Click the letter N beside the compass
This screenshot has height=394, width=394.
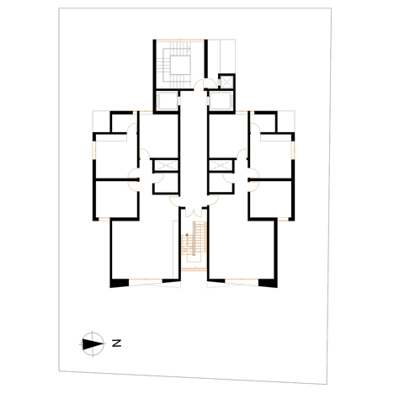pos(116,343)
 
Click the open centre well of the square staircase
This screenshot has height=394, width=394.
pos(180,65)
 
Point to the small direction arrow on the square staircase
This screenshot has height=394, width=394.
pos(188,50)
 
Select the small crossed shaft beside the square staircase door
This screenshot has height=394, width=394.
pos(226,82)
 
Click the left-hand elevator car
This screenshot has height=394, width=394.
pos(167,101)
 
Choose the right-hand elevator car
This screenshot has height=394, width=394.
pos(221,100)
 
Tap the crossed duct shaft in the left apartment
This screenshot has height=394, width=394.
pos(166,165)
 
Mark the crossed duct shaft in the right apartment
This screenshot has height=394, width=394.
pos(221,165)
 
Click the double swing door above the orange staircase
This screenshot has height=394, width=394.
pos(194,212)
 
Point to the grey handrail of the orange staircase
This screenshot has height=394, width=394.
pos(194,238)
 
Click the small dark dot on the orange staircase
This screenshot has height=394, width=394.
pos(187,235)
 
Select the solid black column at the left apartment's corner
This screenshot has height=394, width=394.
pos(120,283)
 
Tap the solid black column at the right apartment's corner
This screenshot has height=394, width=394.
pos(268,283)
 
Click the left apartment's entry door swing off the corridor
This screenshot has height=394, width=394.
pos(174,201)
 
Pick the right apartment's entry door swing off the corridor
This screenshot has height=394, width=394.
pos(213,200)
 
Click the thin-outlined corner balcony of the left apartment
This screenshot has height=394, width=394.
pos(101,121)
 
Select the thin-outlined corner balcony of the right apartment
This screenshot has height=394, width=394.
pos(286,121)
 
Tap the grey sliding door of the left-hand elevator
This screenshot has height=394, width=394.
pos(178,101)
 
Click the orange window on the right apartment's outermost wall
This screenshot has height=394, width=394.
pos(293,150)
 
